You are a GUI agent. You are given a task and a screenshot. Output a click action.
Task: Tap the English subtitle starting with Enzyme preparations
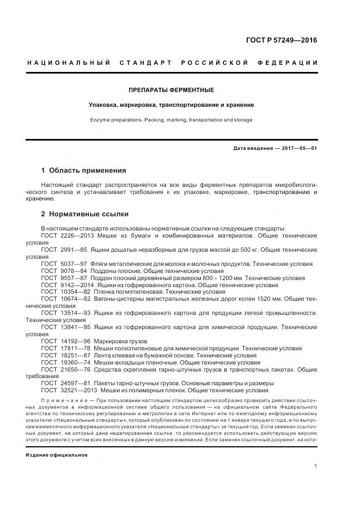coord(171,119)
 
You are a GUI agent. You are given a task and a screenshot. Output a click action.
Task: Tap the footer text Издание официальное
coord(57,454)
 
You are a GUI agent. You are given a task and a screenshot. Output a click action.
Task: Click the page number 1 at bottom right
coord(316,466)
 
